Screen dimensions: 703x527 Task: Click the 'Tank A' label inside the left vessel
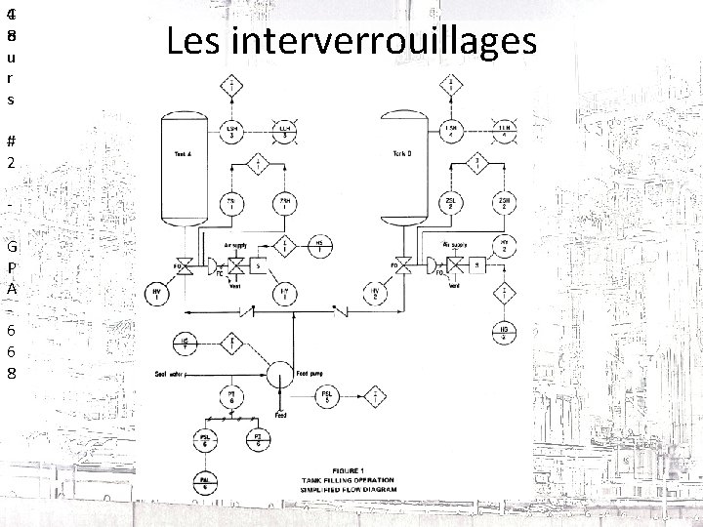point(183,153)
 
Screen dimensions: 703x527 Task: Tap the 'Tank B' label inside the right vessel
point(401,153)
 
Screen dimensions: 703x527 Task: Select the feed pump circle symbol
point(280,373)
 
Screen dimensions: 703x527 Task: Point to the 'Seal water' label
point(170,373)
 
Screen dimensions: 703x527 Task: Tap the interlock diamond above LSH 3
point(230,84)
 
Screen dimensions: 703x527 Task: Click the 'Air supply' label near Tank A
point(234,245)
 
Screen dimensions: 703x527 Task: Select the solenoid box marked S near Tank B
point(476,265)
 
